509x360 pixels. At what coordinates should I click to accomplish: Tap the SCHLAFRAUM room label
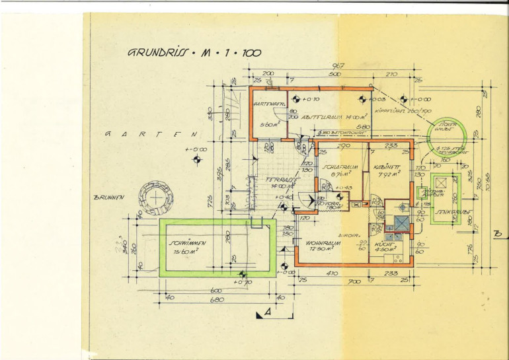(340, 167)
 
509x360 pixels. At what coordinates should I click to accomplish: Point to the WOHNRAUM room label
(323, 242)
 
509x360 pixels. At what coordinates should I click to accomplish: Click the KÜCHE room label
(384, 242)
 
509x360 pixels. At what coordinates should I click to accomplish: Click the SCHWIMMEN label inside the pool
(188, 243)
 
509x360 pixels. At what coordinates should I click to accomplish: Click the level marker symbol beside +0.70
(243, 273)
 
